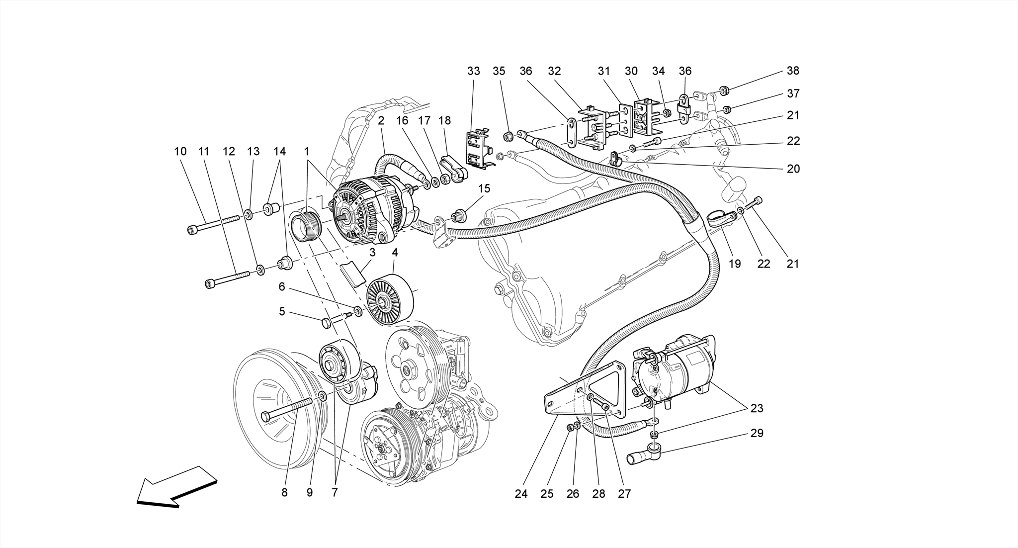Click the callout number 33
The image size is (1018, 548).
(x=473, y=71)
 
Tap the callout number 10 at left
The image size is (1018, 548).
(x=180, y=151)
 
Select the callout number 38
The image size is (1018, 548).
(x=793, y=71)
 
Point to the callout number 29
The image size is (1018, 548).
(x=757, y=433)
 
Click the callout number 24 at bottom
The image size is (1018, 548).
(x=521, y=494)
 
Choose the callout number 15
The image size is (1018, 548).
(x=484, y=188)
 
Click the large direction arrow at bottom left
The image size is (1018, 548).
(x=176, y=487)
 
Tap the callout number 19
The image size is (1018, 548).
(x=735, y=264)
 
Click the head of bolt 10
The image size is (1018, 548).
(x=193, y=229)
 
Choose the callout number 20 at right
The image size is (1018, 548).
(x=793, y=169)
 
